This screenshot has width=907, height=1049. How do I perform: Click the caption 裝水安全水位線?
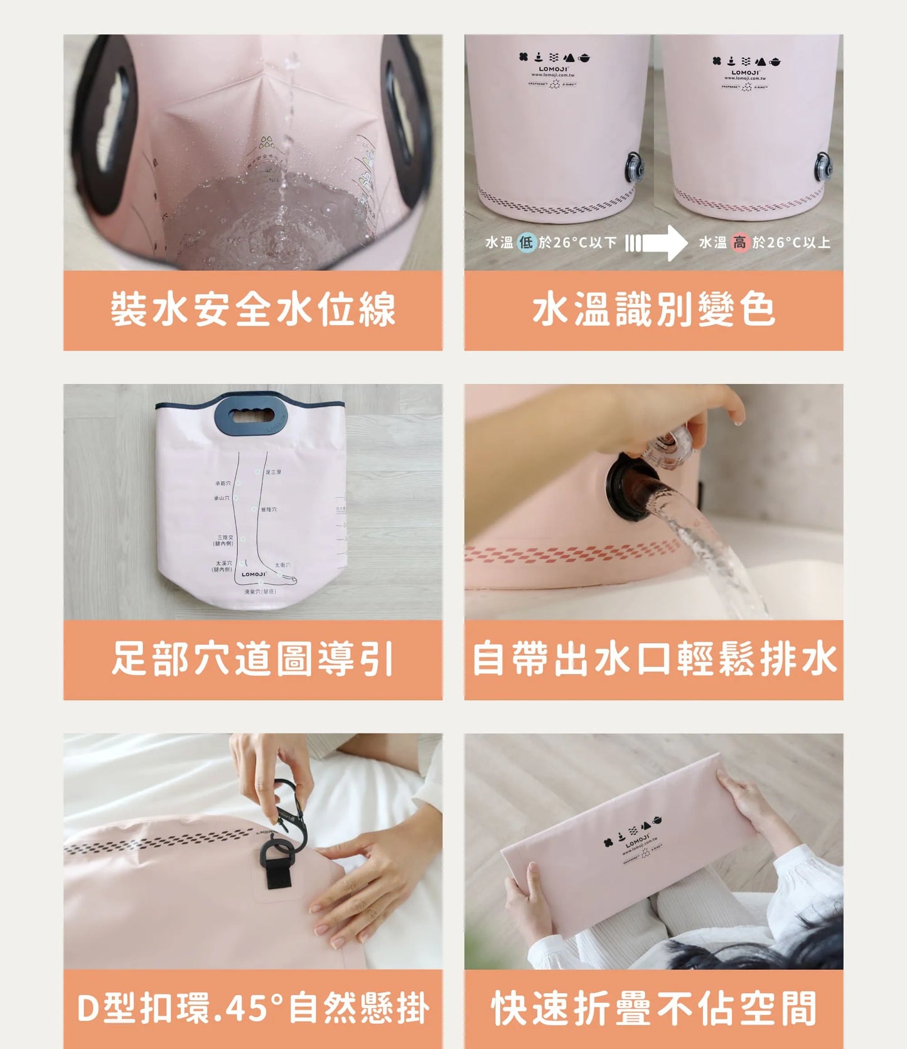(x=252, y=310)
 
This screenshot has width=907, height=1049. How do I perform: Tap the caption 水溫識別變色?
(x=653, y=310)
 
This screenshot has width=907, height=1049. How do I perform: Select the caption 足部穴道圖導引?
(x=252, y=659)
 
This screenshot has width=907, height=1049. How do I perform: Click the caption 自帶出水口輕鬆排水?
(x=653, y=659)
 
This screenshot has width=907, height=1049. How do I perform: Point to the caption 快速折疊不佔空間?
(x=653, y=1009)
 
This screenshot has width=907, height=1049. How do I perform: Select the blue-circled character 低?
(x=526, y=243)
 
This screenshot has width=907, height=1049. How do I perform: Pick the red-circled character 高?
(x=740, y=243)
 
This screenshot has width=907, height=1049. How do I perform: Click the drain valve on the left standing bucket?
(x=635, y=168)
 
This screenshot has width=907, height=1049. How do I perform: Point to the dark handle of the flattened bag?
(x=249, y=415)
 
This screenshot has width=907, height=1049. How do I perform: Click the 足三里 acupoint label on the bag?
(x=273, y=472)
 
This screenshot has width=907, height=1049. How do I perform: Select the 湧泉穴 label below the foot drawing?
(x=260, y=592)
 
